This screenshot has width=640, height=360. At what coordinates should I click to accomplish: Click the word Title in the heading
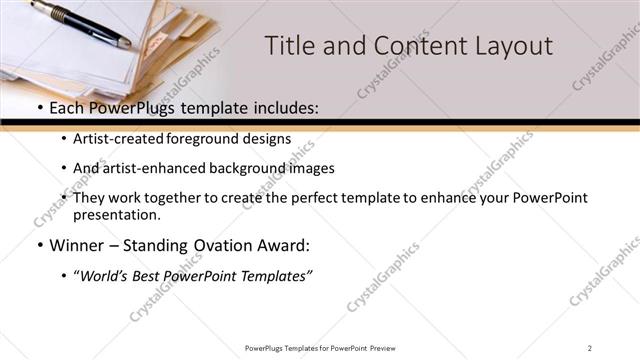coord(290,46)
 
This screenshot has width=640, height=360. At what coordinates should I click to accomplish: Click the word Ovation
coord(229,245)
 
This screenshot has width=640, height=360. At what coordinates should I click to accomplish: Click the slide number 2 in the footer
coord(590,348)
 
